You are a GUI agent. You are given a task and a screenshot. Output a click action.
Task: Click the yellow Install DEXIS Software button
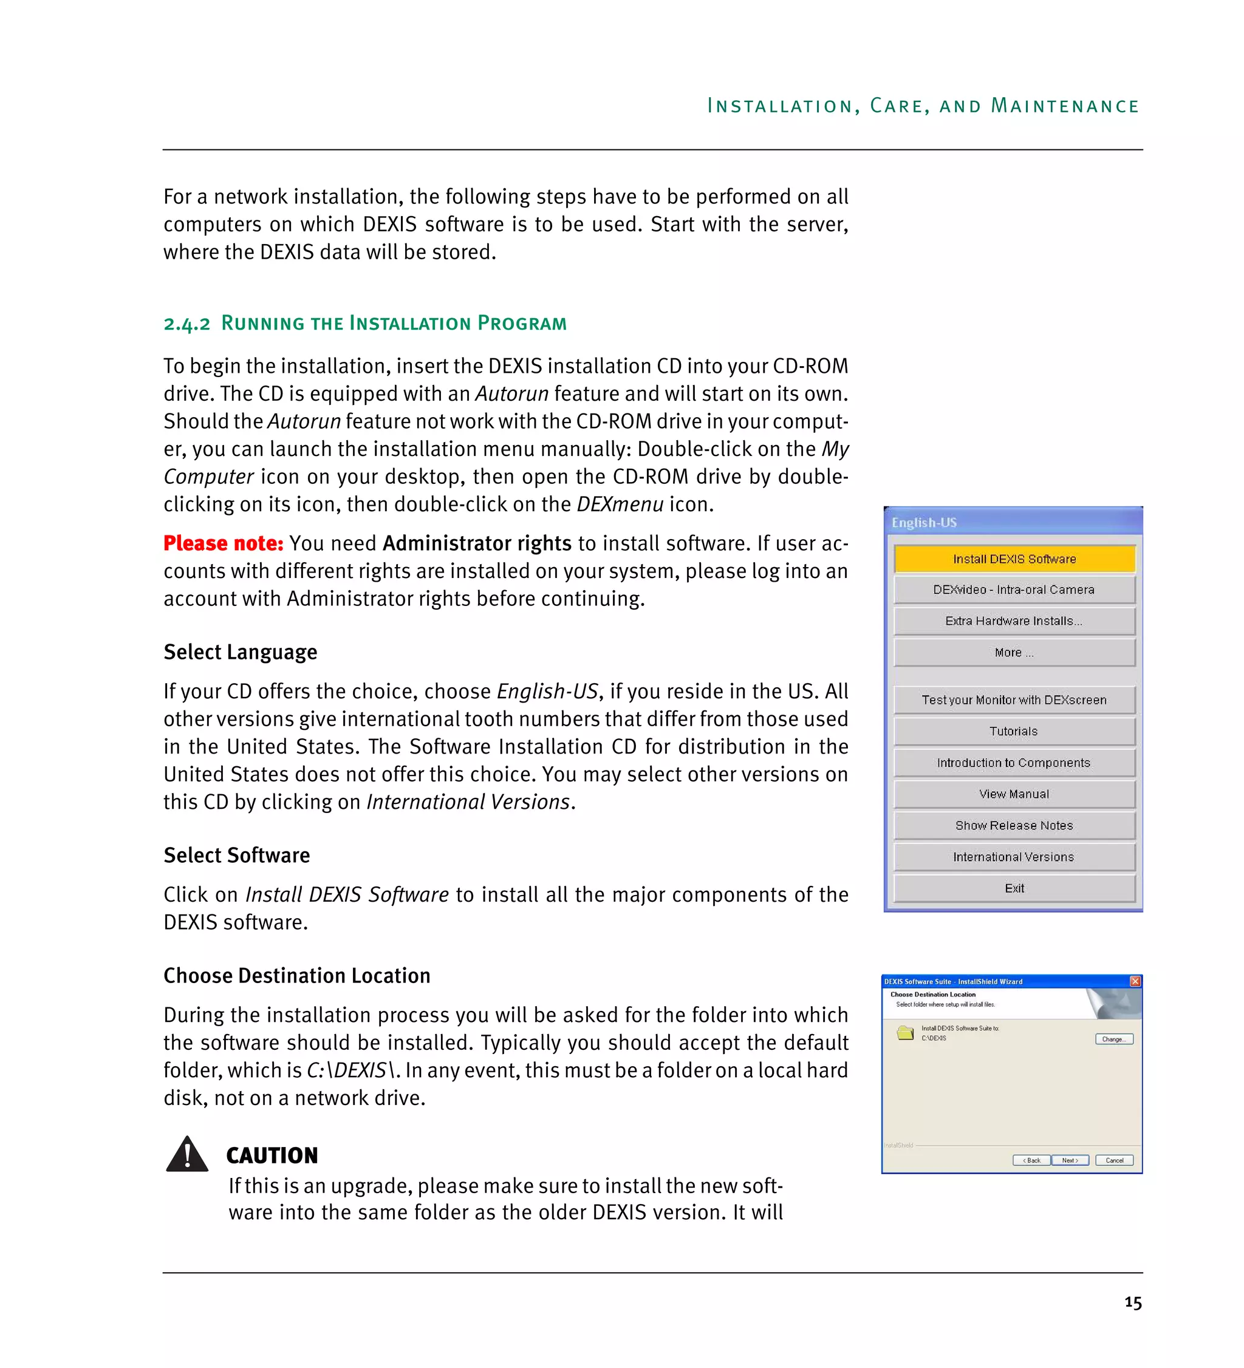point(1013,559)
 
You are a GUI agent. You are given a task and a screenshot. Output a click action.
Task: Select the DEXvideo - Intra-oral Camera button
point(1013,590)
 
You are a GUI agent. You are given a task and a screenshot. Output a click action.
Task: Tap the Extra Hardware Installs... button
point(1013,621)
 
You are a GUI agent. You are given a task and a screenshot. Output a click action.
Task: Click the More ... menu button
point(1013,652)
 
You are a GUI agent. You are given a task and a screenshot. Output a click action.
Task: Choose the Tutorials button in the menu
point(1013,731)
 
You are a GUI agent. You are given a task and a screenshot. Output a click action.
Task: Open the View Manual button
point(1013,794)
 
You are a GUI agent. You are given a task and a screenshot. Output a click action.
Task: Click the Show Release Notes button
point(1013,825)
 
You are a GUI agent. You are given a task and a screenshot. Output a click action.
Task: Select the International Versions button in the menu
point(1013,856)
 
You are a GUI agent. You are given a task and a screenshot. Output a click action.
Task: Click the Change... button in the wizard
point(1113,1039)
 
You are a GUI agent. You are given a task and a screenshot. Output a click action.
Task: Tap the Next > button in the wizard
point(1069,1160)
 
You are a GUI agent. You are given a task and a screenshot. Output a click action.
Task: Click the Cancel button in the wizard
point(1113,1160)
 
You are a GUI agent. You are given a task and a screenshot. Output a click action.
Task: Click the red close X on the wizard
point(1135,981)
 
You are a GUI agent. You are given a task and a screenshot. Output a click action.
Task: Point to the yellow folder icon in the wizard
point(904,1033)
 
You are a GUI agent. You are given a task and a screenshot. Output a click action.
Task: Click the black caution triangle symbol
point(186,1155)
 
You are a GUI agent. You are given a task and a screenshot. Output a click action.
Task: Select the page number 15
point(1132,1303)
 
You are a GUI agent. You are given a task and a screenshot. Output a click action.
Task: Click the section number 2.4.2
point(186,324)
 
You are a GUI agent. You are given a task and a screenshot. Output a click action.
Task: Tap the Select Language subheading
point(241,652)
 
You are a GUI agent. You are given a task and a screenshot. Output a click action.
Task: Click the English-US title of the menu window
point(924,523)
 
